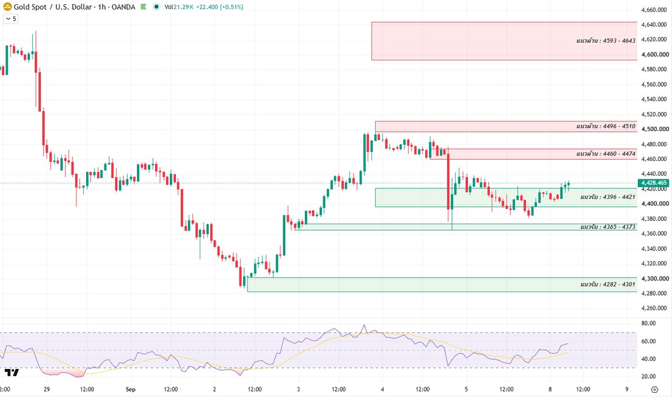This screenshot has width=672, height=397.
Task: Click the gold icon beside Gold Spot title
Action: coord(7,7)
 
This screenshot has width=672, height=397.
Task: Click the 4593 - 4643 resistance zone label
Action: coord(605,41)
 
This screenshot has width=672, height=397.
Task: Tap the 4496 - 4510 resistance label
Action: coord(605,126)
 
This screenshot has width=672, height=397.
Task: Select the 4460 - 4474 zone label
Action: coord(605,154)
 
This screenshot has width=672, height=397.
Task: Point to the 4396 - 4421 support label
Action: coord(608,197)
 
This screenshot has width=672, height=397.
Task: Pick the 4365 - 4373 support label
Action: coord(608,227)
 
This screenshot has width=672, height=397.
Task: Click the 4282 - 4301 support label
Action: coord(608,285)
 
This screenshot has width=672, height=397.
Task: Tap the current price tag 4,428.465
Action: coord(654,183)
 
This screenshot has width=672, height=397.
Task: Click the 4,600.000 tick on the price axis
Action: coord(655,55)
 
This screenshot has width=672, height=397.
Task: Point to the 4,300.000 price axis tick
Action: coord(655,279)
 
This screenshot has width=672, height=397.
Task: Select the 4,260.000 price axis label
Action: coord(654,308)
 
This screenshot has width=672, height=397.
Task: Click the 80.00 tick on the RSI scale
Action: coord(648,323)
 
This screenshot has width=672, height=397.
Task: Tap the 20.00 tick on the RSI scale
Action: coord(648,376)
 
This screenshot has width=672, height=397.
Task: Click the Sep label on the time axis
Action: coord(131,389)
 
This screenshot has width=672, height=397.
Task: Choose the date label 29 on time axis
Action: coord(46,389)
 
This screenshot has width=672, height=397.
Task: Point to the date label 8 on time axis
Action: coord(550,389)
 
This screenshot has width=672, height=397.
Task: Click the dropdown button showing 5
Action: coord(11,19)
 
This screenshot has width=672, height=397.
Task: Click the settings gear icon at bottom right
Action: coord(654,389)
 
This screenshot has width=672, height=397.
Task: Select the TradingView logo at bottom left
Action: coord(12,372)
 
